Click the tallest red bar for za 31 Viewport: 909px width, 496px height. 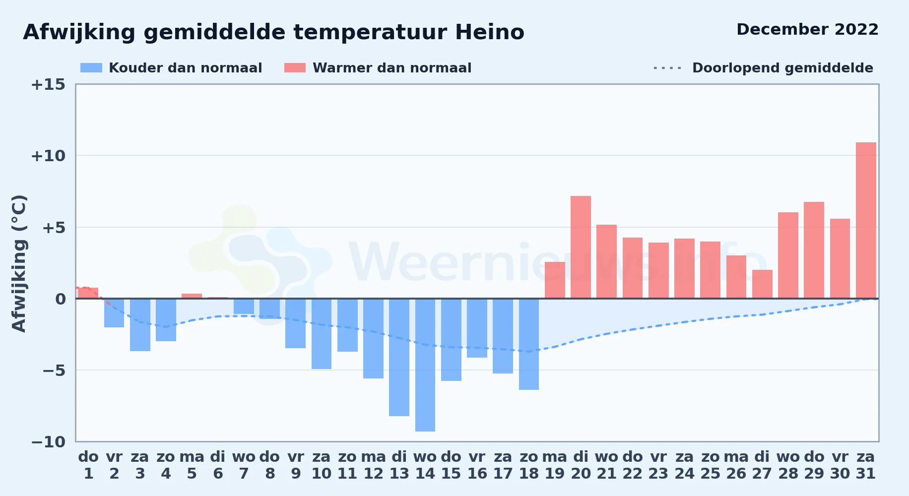tap(866, 220)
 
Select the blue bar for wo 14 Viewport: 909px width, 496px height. tap(425, 365)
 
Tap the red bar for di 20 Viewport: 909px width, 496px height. tap(581, 247)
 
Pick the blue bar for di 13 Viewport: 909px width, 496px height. tap(399, 357)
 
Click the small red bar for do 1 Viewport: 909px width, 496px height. tap(88, 293)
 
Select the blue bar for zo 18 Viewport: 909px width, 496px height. tap(529, 344)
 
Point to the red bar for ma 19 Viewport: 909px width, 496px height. tap(555, 280)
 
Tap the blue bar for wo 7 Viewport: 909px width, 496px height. tap(244, 307)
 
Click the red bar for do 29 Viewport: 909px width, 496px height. tap(814, 250)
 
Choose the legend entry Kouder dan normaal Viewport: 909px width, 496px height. tap(171, 68)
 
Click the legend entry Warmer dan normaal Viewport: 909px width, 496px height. tap(378, 68)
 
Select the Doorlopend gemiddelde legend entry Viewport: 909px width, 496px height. tap(764, 68)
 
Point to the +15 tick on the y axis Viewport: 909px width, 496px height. tap(48, 84)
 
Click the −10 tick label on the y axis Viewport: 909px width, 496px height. tap(48, 441)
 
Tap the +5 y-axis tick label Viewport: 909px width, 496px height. tap(54, 228)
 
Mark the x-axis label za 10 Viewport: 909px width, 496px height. tap(322, 465)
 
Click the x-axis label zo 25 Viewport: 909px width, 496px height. tap(710, 465)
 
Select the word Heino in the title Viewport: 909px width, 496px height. tap(490, 32)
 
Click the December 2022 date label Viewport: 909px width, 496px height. tap(807, 29)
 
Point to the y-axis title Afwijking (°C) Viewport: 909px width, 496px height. tap(19, 263)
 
